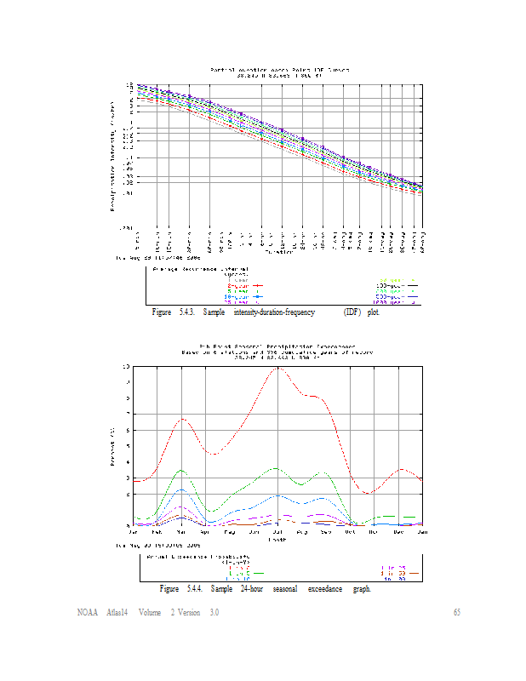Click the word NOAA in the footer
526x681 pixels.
(x=86, y=613)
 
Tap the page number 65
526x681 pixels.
(x=456, y=613)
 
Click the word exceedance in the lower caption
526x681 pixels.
(x=323, y=588)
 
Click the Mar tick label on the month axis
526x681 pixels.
(x=181, y=532)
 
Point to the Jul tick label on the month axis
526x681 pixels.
(x=278, y=532)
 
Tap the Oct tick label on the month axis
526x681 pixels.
(x=374, y=532)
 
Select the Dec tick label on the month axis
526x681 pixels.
(x=398, y=532)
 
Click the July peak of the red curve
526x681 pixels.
(x=277, y=368)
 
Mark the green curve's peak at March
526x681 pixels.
(x=180, y=470)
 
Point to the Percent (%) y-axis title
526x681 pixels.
(x=112, y=446)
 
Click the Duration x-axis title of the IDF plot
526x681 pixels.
(x=277, y=251)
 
